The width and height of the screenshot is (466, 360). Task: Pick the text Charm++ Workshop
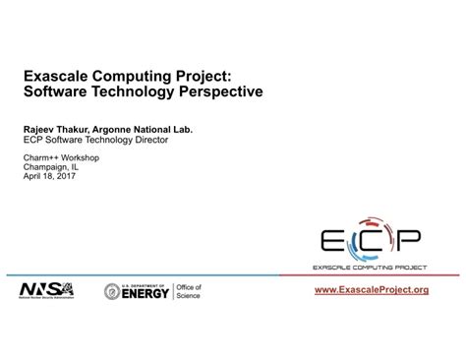point(59,157)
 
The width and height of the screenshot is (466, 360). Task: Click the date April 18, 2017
point(52,177)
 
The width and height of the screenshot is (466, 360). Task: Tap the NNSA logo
point(46,291)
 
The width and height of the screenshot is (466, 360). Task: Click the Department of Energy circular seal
point(113,292)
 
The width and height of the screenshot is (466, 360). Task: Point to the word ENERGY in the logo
point(146,294)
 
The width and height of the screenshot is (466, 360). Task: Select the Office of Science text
point(189,292)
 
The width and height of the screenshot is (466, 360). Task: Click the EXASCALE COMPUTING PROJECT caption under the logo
point(372,268)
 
